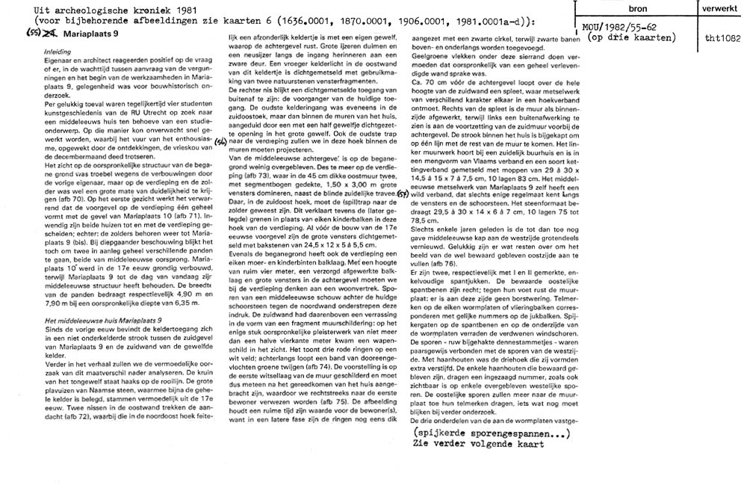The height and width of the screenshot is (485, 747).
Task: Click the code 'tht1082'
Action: coord(719,36)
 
